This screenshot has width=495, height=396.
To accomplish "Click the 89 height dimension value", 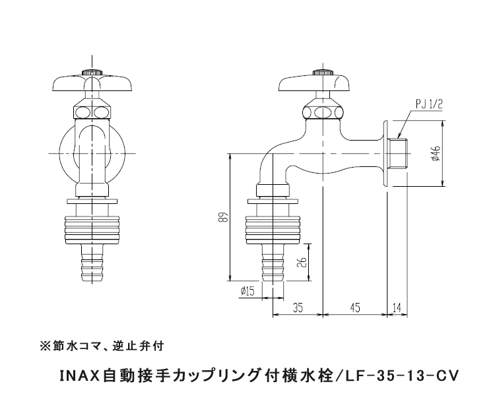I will pos(224,216).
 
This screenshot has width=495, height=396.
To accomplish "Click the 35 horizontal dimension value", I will pos(298,307).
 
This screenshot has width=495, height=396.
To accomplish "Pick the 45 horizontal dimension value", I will pos(354,307).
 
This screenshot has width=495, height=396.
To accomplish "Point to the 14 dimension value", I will pos(397,307).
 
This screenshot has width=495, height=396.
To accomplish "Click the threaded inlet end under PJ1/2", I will pos(398,153).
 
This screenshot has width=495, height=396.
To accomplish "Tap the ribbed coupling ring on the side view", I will pos(272,226).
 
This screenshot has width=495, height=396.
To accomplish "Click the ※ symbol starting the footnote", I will pos(45,345).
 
